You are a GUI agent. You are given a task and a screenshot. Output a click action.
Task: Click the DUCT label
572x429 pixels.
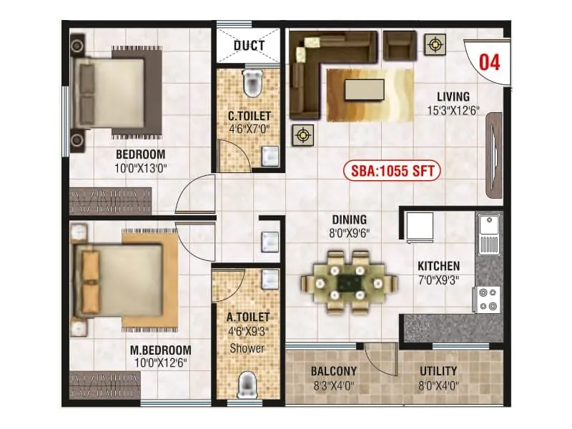pyautogui.click(x=249, y=46)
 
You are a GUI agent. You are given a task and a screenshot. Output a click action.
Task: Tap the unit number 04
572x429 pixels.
pyautogui.click(x=489, y=61)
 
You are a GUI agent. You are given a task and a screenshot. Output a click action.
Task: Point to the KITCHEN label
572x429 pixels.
pyautogui.click(x=439, y=267)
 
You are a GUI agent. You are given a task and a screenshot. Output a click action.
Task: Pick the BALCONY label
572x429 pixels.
pyautogui.click(x=333, y=372)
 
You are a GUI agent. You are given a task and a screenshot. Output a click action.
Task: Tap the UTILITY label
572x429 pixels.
pyautogui.click(x=438, y=372)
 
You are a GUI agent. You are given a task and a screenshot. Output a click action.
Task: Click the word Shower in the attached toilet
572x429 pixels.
pyautogui.click(x=247, y=348)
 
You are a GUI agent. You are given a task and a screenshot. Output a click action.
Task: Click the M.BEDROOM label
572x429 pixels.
pyautogui.click(x=161, y=350)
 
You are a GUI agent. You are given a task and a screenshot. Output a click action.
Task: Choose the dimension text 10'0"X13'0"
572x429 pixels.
pyautogui.click(x=141, y=168)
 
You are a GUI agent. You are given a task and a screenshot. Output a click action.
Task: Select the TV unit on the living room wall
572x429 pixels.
pyautogui.click(x=494, y=154)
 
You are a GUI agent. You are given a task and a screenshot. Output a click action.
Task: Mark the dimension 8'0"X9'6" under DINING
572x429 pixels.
pyautogui.click(x=349, y=232)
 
